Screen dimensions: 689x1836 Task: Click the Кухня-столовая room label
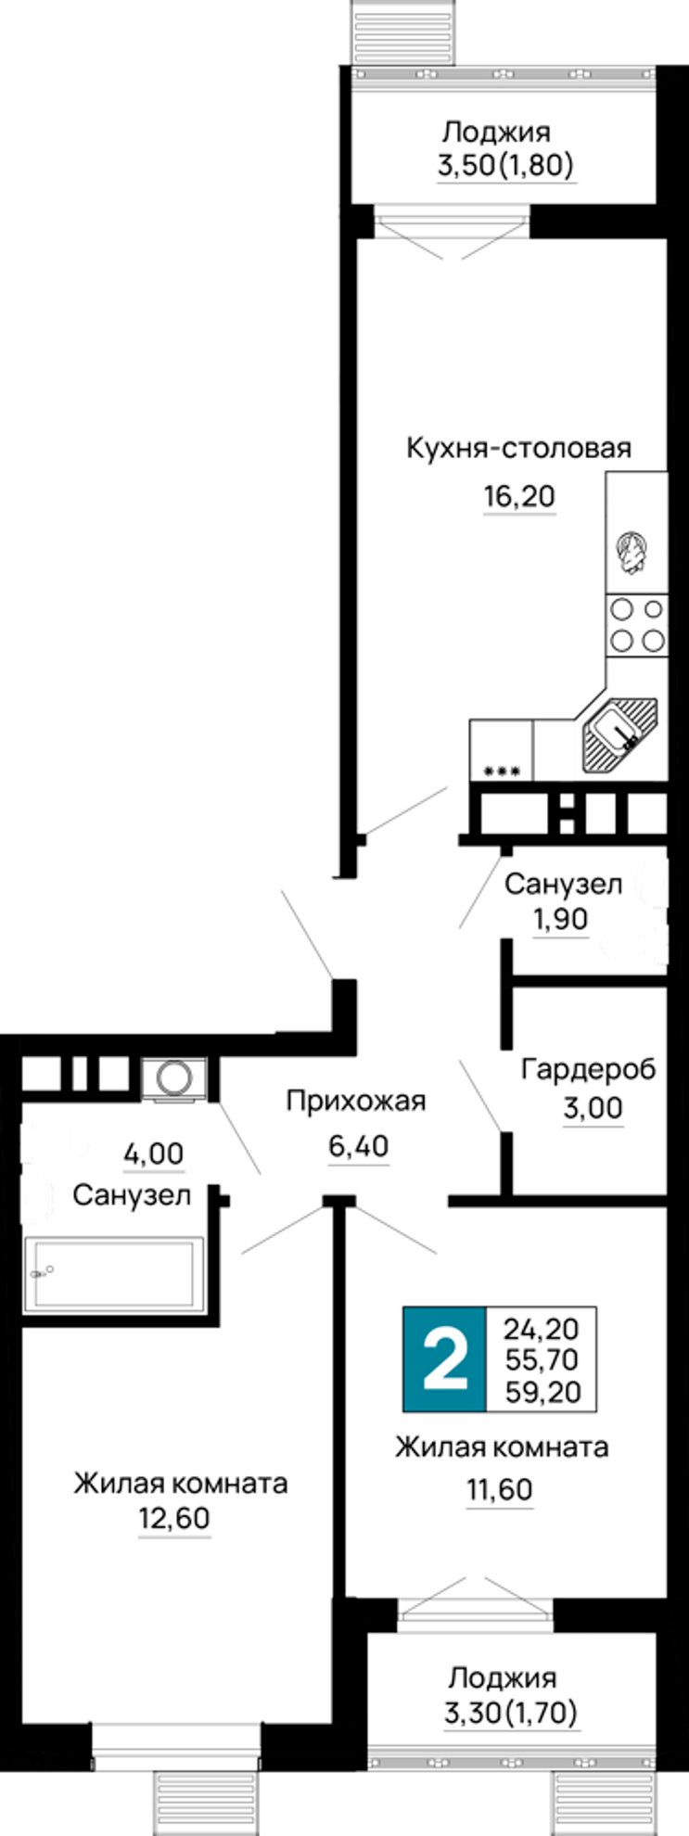point(519,449)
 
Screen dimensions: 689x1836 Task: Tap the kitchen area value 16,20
point(519,497)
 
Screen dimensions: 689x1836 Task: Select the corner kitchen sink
point(618,736)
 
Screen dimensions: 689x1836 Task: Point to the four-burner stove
point(637,624)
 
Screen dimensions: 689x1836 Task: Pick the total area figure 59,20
point(542,1391)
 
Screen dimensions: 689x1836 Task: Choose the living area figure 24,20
point(542,1329)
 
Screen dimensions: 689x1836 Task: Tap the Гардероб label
point(588,1069)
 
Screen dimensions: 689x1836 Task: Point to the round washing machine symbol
point(174,1077)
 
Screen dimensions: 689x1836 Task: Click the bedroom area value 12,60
point(175,1520)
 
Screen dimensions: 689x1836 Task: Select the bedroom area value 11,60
point(499,1490)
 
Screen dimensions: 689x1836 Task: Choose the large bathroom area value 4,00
point(154,1154)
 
